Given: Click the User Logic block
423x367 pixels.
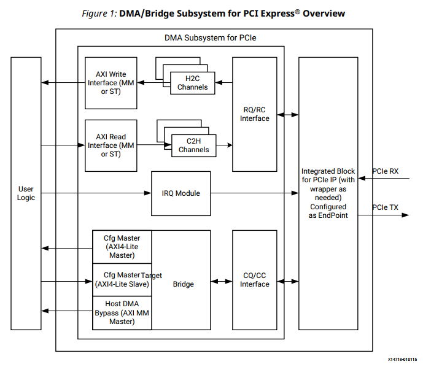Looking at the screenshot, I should [x=26, y=193].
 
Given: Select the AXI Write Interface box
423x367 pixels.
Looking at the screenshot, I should [x=111, y=83].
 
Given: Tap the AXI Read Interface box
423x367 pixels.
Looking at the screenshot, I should [x=111, y=145].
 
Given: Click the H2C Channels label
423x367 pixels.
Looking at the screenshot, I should [x=192, y=82].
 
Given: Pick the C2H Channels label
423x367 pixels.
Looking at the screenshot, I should [x=193, y=145].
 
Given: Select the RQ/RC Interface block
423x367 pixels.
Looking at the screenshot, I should [x=254, y=114].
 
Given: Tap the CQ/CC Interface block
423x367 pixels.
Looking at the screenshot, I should [x=254, y=280].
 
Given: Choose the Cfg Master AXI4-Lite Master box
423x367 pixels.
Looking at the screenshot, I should [x=122, y=246].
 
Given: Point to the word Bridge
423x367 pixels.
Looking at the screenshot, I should [x=183, y=284].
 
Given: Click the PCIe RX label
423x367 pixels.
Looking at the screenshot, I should [x=385, y=171].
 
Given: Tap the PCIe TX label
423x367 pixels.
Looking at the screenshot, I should [x=385, y=207].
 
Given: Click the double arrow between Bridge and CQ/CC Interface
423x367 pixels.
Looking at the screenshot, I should [x=222, y=282].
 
